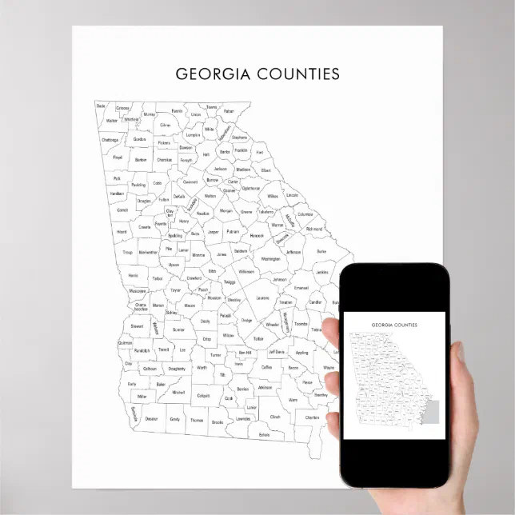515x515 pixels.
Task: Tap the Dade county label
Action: tap(101, 106)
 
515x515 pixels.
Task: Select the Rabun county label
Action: tap(230, 111)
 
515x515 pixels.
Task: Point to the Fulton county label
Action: tap(164, 199)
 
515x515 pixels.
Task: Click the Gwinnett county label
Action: tap(190, 182)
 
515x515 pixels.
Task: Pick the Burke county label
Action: tap(321, 251)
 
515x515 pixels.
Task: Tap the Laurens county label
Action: tap(262, 297)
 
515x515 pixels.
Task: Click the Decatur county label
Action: tap(152, 418)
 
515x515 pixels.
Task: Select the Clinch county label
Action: tap(275, 417)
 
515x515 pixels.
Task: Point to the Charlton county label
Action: tap(312, 417)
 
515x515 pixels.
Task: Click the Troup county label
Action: tap(127, 252)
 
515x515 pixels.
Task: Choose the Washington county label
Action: tap(271, 259)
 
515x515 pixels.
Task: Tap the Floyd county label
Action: tap(118, 158)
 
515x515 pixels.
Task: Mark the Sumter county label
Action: tap(178, 329)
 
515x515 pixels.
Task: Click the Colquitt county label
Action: tap(203, 395)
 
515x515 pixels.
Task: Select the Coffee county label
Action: tap(266, 367)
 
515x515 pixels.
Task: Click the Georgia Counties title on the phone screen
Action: tap(393, 325)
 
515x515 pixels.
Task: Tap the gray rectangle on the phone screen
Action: tap(434, 414)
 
